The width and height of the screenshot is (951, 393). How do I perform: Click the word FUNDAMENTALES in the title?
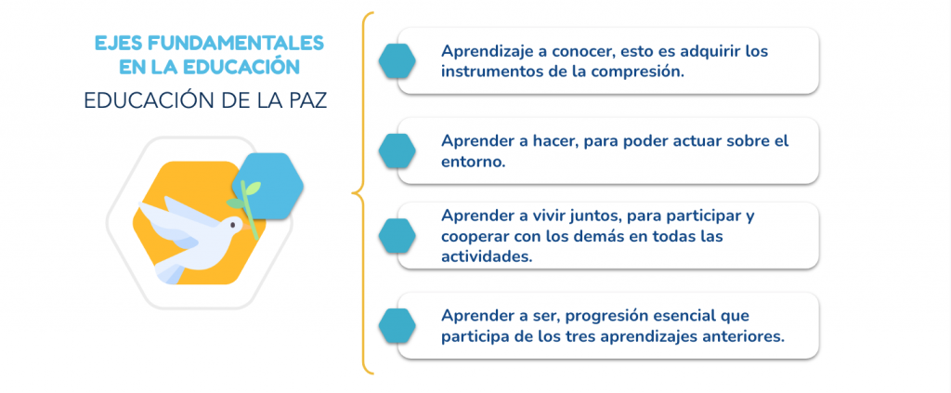pyautogui.click(x=237, y=43)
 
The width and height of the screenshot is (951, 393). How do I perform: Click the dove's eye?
pyautogui.click(x=232, y=225)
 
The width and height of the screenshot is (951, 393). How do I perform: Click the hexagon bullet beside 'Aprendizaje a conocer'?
pyautogui.click(x=397, y=61)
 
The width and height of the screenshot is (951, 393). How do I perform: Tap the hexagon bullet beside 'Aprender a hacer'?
pyautogui.click(x=397, y=151)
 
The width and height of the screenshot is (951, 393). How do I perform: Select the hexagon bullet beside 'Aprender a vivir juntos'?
pyautogui.click(x=397, y=236)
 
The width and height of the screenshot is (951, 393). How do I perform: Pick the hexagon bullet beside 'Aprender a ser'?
pyautogui.click(x=397, y=326)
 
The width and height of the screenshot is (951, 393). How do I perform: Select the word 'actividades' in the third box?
pyautogui.click(x=487, y=255)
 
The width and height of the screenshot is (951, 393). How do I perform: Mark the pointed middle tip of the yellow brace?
pyautogui.click(x=352, y=193)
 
